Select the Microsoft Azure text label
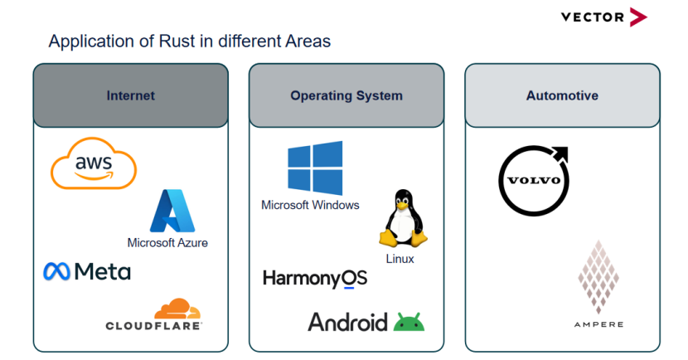[167, 243]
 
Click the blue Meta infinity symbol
[56, 271]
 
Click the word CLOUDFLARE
[153, 326]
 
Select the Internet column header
[130, 95]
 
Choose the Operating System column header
[346, 95]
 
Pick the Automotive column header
[562, 95]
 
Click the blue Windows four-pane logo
[315, 168]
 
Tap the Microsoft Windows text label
[310, 205]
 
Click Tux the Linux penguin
[403, 218]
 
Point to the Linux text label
[400, 259]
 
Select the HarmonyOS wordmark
[314, 279]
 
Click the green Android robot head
[409, 323]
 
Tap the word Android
[347, 322]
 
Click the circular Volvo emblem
[533, 180]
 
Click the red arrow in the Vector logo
[637, 17]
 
